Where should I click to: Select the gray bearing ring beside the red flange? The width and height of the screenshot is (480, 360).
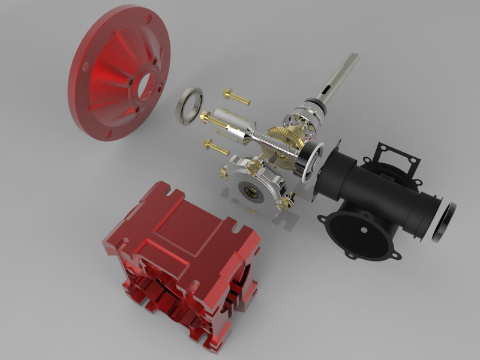189,106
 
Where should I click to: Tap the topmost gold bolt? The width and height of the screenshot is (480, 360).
235,96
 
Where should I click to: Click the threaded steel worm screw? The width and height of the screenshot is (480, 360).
273,145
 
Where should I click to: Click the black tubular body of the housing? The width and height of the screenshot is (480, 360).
384,192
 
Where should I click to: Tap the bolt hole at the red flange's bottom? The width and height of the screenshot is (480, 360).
109,133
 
